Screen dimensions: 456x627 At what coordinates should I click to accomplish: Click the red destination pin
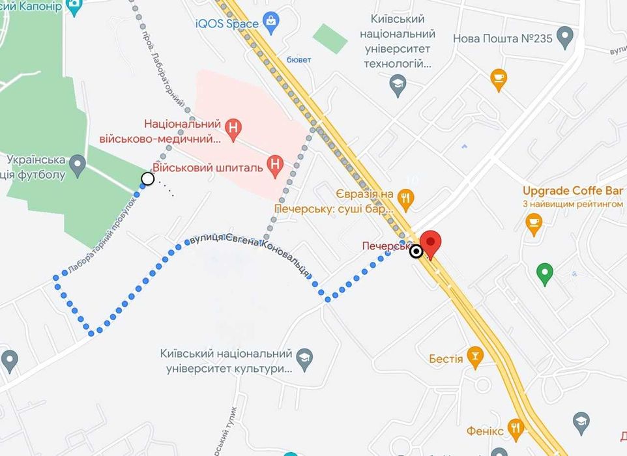(x=430, y=243)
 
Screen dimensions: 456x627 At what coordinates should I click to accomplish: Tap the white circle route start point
(x=148, y=178)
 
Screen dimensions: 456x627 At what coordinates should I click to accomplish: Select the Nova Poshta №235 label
(x=503, y=38)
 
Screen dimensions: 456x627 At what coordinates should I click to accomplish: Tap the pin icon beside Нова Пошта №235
(x=564, y=35)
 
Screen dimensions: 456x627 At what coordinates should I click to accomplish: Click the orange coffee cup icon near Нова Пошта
(x=499, y=78)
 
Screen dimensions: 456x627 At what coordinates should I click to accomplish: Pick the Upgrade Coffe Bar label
(x=572, y=191)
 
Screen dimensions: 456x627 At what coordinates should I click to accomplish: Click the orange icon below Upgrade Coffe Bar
(x=534, y=223)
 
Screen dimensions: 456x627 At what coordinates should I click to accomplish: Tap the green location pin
(x=545, y=274)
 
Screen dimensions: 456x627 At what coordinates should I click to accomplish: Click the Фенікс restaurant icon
(x=516, y=429)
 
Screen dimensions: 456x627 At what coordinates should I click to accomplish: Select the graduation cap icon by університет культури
(x=304, y=356)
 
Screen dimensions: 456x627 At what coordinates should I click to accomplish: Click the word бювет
(x=299, y=60)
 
